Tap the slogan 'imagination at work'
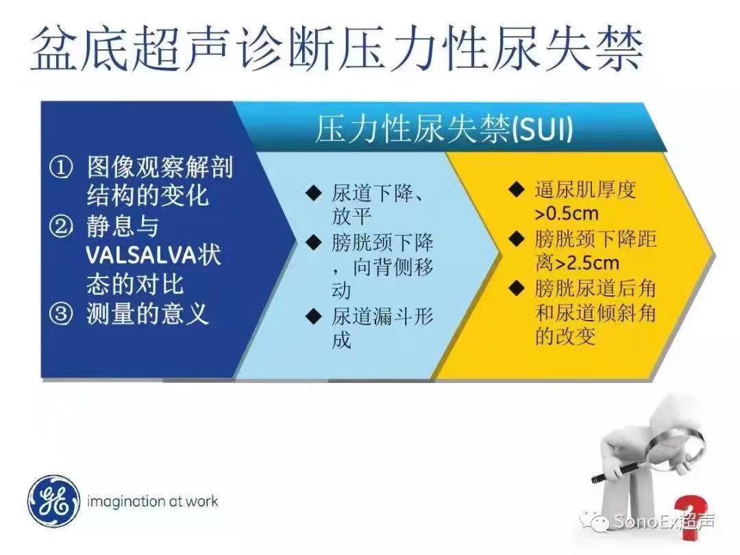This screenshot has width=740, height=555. tap(152, 502)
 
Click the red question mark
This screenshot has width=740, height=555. tap(691, 517)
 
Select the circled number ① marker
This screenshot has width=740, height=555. tap(62, 168)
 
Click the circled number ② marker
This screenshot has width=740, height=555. tap(62, 226)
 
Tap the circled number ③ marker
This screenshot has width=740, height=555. tap(62, 314)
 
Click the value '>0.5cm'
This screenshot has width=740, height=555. tap(567, 214)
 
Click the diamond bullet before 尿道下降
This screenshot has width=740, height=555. tap(313, 193)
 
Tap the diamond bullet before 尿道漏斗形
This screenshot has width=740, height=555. tap(313, 316)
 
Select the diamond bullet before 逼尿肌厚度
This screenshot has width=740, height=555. tap(517, 190)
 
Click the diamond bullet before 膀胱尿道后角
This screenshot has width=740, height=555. tap(517, 288)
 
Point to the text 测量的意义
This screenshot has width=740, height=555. tap(148, 314)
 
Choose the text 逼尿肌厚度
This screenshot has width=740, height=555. tap(586, 190)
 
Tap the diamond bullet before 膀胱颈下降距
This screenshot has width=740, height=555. tap(517, 239)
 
